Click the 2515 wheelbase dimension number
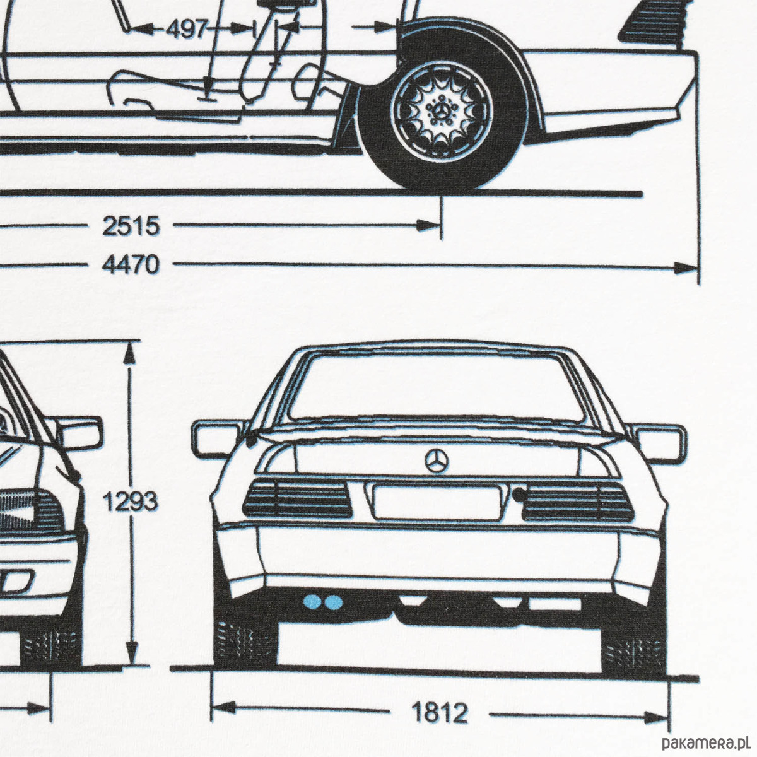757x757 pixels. [131, 225]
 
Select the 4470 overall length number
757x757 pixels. [131, 265]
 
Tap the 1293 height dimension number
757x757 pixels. [130, 502]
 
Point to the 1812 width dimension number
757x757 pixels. [440, 713]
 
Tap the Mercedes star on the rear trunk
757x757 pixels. [437, 461]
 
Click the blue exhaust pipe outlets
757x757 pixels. [322, 601]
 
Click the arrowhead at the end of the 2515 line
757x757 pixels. [428, 225]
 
